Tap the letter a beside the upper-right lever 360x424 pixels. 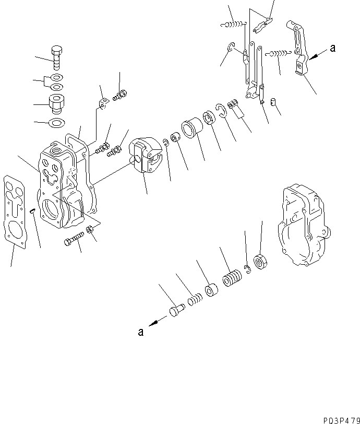pyautogui.click(x=332, y=49)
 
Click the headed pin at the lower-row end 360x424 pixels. pyautogui.click(x=175, y=312)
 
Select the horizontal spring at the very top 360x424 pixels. pyautogui.click(x=233, y=22)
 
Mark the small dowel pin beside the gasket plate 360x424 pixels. pyautogui.click(x=32, y=211)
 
